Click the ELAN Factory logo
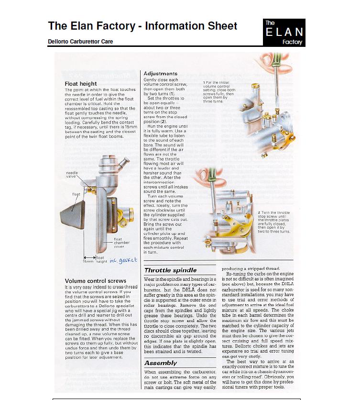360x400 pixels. [x=284, y=33]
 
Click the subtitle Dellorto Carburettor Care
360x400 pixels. [x=80, y=41]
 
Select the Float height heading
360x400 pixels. [x=81, y=84]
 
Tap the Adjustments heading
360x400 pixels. [x=160, y=74]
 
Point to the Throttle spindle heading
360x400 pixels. [x=170, y=270]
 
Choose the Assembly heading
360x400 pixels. [x=161, y=363]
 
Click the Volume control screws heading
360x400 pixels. [x=95, y=281]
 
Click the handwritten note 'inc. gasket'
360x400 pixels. [x=123, y=260]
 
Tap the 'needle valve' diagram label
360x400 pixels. [x=72, y=175]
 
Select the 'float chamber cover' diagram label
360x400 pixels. [x=121, y=243]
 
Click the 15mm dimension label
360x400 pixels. [x=88, y=261]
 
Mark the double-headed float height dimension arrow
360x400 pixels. [x=90, y=257]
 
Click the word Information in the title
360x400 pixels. [x=175, y=26]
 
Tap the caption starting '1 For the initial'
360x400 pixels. [x=219, y=92]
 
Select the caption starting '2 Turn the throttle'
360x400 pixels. [x=274, y=222]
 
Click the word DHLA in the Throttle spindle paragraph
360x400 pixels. [x=188, y=290]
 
